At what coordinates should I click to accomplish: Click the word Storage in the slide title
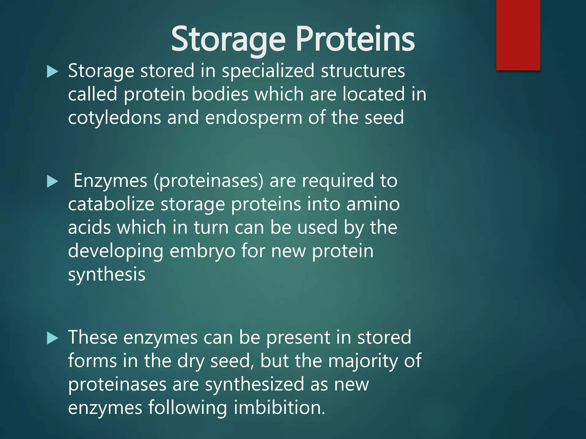(x=228, y=39)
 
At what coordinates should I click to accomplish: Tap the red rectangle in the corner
(x=518, y=35)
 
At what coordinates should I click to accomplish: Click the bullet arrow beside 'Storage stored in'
(x=52, y=71)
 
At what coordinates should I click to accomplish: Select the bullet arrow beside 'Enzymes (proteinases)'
(x=52, y=181)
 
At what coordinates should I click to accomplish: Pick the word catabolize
(x=111, y=205)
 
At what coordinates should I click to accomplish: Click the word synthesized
(x=254, y=385)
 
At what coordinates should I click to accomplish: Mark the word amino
(x=373, y=205)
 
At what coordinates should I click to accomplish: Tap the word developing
(x=116, y=251)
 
